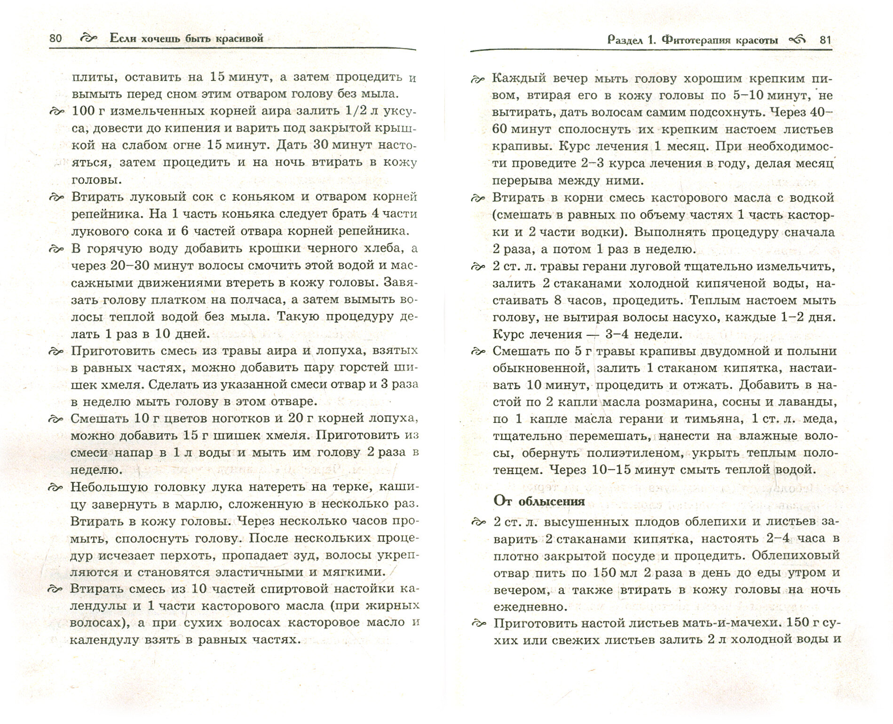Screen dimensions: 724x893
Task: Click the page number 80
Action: pyautogui.click(x=55, y=38)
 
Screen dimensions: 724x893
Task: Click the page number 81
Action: pyautogui.click(x=826, y=40)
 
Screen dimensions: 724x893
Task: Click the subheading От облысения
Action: pyautogui.click(x=539, y=501)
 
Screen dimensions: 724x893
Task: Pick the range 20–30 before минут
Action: pyautogui.click(x=130, y=265)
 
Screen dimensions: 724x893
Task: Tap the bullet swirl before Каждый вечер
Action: pyautogui.click(x=477, y=80)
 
